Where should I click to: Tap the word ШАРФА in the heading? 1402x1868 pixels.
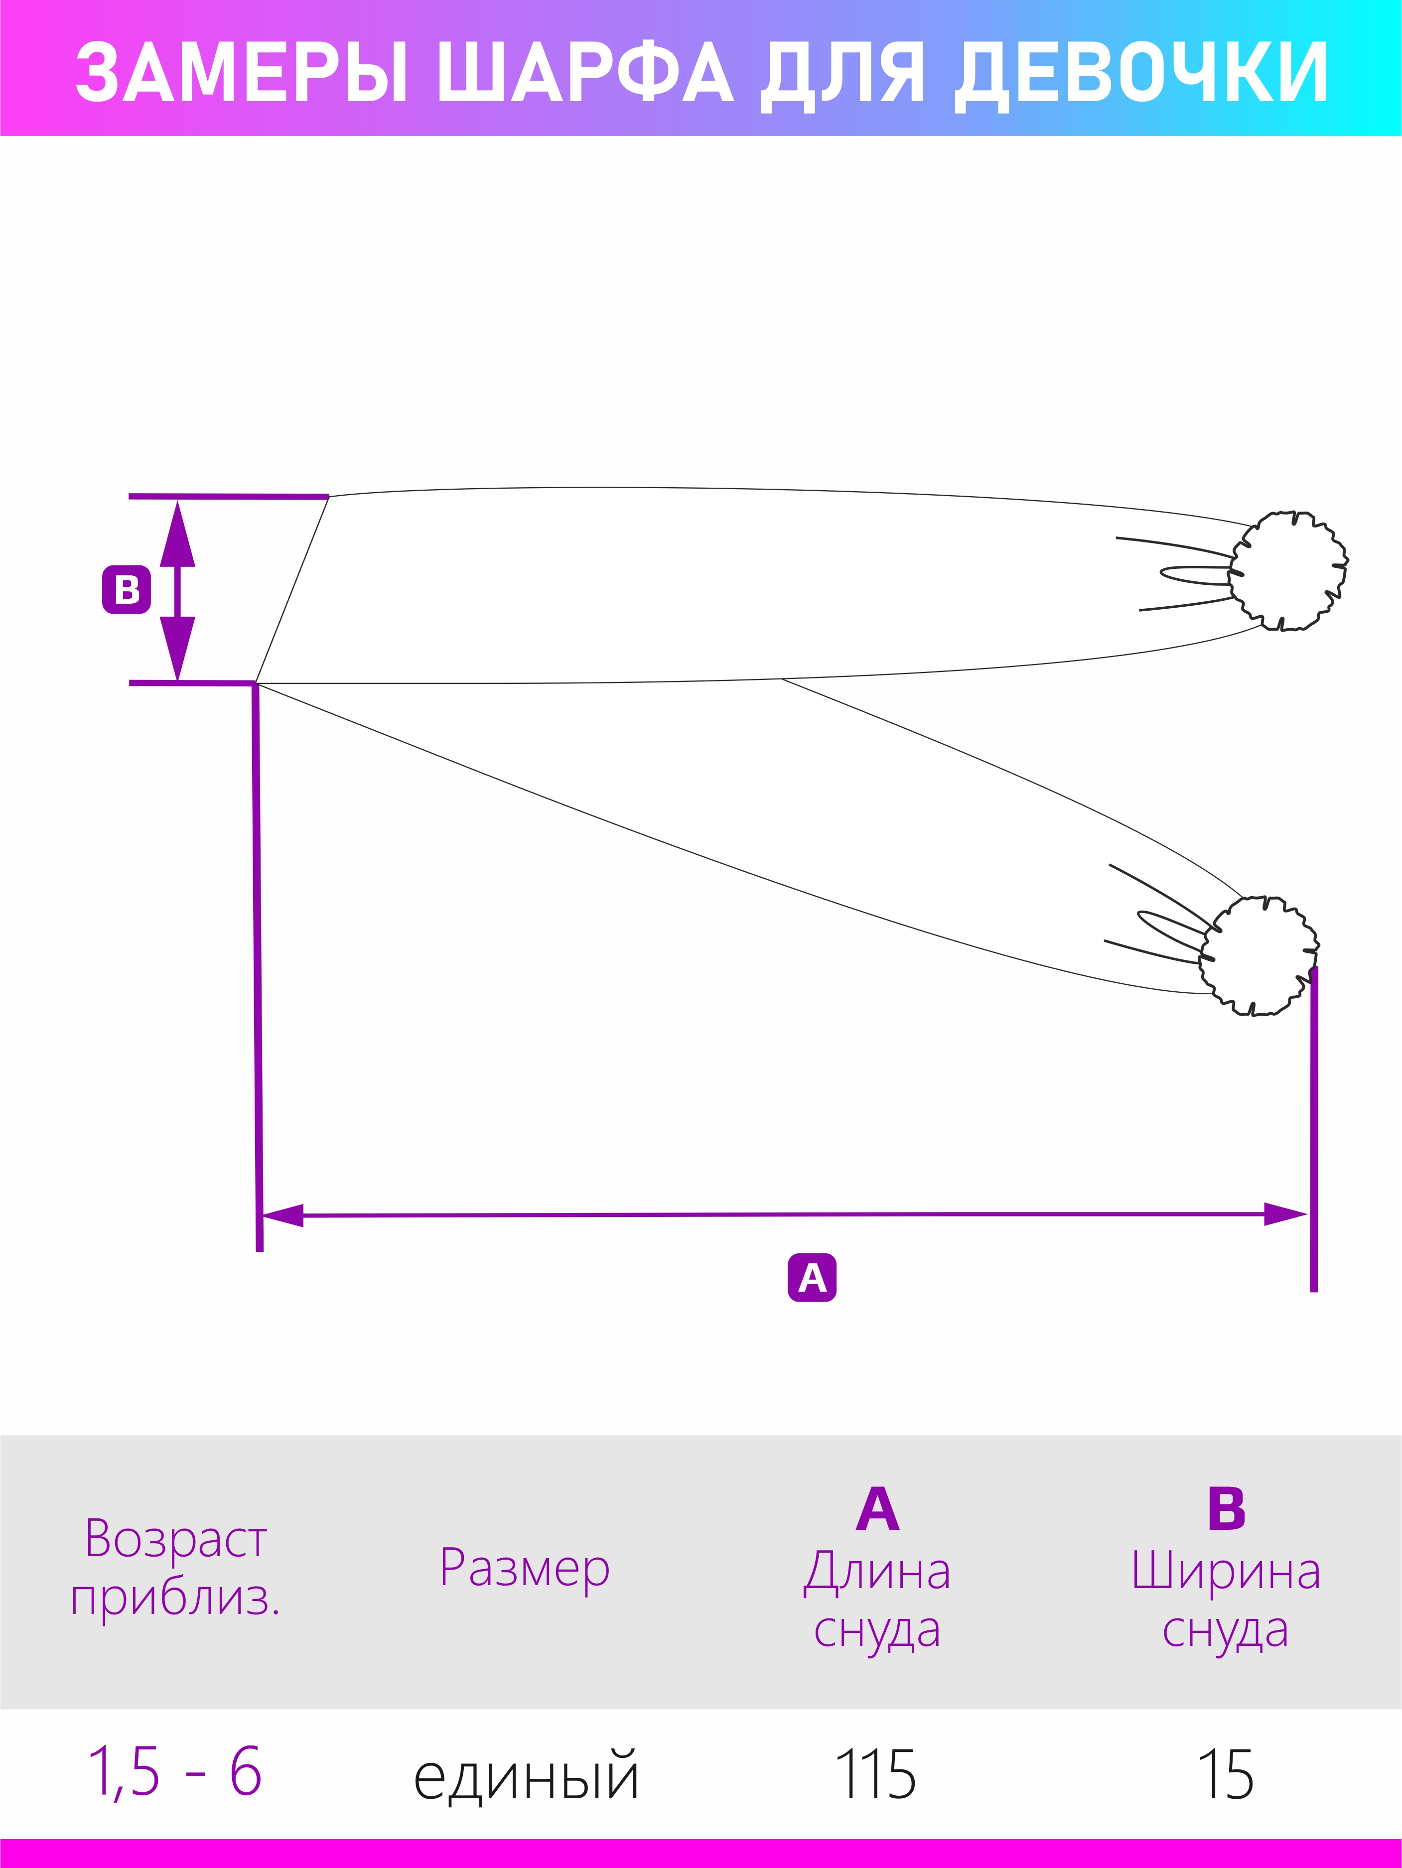(x=585, y=73)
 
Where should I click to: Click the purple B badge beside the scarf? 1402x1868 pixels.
(x=127, y=589)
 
